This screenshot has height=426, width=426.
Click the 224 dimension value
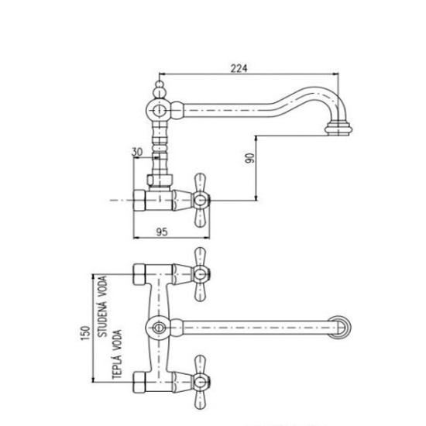(x=239, y=68)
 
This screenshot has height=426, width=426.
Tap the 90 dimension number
(x=250, y=158)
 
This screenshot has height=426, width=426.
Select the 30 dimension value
(x=137, y=152)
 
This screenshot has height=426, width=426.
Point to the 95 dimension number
(x=162, y=232)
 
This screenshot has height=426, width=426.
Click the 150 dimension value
(x=85, y=333)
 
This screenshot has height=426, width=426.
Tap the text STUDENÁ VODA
(x=102, y=307)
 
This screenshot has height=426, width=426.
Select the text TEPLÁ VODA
(x=117, y=354)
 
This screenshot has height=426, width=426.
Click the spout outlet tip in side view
(x=339, y=129)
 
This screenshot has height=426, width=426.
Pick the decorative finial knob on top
(x=160, y=89)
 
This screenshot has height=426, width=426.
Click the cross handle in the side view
(x=201, y=200)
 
